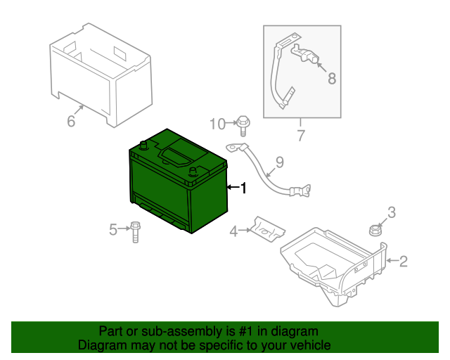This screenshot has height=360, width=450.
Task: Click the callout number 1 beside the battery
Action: click(243, 188)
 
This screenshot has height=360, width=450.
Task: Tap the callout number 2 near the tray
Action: click(403, 262)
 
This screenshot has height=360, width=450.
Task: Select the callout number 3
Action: click(392, 212)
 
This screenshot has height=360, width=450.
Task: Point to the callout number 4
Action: click(233, 231)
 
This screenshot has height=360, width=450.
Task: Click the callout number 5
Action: click(113, 229)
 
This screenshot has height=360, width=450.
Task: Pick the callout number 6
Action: click(71, 120)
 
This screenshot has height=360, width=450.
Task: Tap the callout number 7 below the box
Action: click(300, 135)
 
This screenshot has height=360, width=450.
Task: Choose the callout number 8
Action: click(332, 78)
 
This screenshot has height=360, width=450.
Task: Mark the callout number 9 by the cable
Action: click(279, 162)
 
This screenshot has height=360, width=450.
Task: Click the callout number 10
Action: click(217, 124)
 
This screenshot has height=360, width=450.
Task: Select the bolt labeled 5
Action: click(135, 232)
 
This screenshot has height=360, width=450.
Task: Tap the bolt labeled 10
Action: click(243, 126)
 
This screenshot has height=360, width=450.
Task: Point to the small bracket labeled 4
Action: click(268, 229)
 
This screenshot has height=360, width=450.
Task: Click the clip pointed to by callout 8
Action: click(305, 53)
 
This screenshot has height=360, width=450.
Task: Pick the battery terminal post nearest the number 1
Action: click(192, 172)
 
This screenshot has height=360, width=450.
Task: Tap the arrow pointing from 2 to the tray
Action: click(392, 261)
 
